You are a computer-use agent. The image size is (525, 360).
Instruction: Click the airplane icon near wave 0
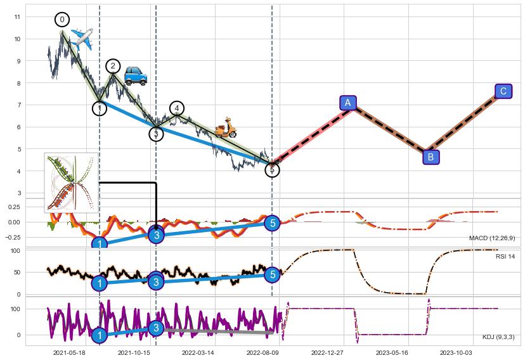(82, 39)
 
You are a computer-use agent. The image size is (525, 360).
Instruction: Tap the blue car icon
(135, 75)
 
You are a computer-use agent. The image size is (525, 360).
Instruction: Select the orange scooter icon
(224, 128)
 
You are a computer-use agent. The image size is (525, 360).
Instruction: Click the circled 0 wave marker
(62, 20)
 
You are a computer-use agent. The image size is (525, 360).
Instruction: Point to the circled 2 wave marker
(113, 66)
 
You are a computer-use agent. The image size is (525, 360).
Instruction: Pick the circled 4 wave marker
(177, 108)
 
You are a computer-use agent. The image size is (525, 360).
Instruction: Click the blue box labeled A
(347, 103)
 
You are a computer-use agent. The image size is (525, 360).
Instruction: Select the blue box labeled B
(430, 157)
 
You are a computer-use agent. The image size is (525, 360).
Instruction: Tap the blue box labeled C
(503, 91)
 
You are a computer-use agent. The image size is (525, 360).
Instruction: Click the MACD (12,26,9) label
(492, 238)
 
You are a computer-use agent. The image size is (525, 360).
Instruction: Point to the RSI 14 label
(505, 257)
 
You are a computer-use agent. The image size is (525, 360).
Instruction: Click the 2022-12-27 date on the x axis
(327, 352)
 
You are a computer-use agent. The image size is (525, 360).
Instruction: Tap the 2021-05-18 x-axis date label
(69, 352)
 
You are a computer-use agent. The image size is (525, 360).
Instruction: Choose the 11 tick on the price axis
(16, 16)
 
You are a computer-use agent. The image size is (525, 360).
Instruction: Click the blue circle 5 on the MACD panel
(272, 223)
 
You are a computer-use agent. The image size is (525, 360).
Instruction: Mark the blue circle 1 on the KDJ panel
(99, 335)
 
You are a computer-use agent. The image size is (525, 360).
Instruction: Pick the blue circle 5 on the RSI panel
(272, 274)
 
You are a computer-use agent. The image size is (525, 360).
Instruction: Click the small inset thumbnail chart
(72, 182)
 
